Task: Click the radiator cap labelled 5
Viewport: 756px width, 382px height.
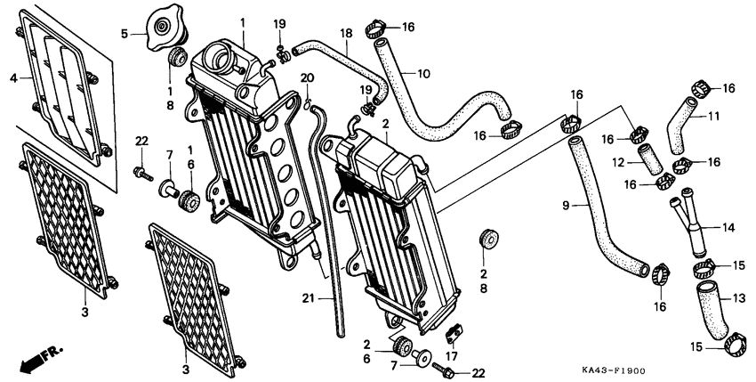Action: click(164, 29)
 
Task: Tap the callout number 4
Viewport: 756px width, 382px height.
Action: click(13, 78)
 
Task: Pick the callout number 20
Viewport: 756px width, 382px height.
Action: click(307, 77)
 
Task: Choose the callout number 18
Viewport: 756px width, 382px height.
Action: click(346, 33)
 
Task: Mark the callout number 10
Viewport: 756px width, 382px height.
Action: click(423, 72)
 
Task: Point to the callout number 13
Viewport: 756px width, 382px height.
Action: click(740, 297)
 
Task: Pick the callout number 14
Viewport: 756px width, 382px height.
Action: click(728, 228)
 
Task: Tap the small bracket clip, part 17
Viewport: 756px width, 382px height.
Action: click(453, 335)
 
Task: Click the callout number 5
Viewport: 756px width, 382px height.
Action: click(125, 35)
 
